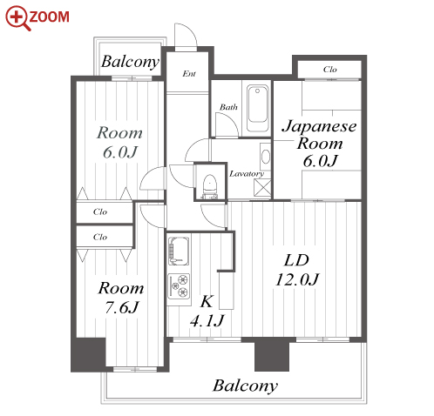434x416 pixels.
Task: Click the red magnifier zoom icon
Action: (x=17, y=17)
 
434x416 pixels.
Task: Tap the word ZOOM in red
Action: (x=50, y=17)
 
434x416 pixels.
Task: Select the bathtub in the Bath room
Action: (x=257, y=108)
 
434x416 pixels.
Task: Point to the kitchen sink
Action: (x=179, y=251)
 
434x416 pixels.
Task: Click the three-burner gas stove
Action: (x=179, y=286)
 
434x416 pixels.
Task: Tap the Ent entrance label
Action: (x=189, y=74)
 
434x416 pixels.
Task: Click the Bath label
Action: (x=228, y=107)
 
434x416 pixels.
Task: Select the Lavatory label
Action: (x=247, y=174)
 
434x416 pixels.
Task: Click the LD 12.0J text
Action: (x=297, y=270)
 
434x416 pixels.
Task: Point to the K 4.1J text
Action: (x=207, y=311)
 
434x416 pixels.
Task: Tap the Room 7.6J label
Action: (x=121, y=298)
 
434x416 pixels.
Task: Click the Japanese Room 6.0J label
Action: (x=319, y=144)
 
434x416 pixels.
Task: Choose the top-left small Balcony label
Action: (x=130, y=62)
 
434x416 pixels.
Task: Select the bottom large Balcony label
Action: (x=245, y=386)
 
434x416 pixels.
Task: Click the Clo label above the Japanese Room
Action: (x=329, y=70)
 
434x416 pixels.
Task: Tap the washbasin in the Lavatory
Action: (x=266, y=157)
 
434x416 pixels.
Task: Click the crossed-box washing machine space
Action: (x=262, y=188)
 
